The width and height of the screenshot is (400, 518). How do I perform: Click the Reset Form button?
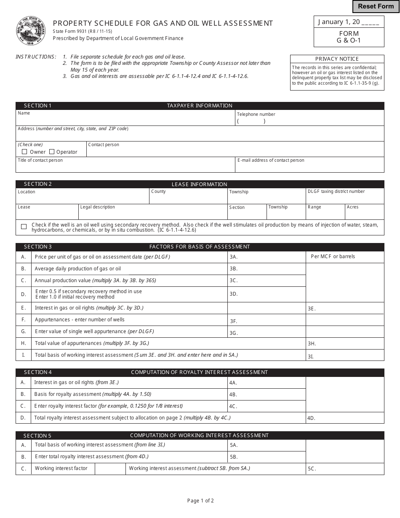tap(376, 6)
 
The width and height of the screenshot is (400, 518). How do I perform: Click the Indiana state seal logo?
tap(31, 31)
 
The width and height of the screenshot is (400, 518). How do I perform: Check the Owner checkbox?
tap(24, 152)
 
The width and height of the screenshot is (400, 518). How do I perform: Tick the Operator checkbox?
tap(52, 152)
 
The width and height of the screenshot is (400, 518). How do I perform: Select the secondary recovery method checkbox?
tap(24, 227)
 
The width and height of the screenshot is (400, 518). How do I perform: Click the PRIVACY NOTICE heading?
tap(337, 59)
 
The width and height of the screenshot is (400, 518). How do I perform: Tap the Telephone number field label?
tap(256, 114)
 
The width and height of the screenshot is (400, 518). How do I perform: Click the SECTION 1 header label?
tap(38, 106)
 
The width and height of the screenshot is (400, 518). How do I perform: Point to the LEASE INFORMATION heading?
tap(199, 184)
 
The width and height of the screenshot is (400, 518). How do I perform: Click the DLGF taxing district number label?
tap(336, 192)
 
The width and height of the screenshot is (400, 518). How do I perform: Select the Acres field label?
tap(352, 207)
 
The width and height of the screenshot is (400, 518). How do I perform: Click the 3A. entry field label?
tap(234, 257)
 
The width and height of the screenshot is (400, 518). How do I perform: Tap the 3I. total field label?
tap(311, 356)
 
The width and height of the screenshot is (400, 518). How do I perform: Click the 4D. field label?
tap(311, 419)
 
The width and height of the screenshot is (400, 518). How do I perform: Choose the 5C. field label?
tap(312, 469)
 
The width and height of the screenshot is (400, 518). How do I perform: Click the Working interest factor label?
tap(61, 468)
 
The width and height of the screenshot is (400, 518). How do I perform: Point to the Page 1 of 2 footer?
tap(200, 501)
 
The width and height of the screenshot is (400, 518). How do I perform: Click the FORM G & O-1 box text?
tap(349, 37)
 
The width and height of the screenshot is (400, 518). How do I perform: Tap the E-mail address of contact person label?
tap(271, 160)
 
